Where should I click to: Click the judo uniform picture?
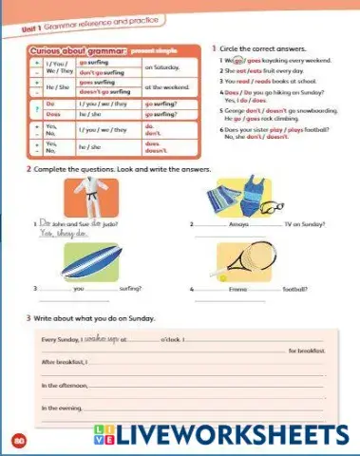[x=92, y=200]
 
